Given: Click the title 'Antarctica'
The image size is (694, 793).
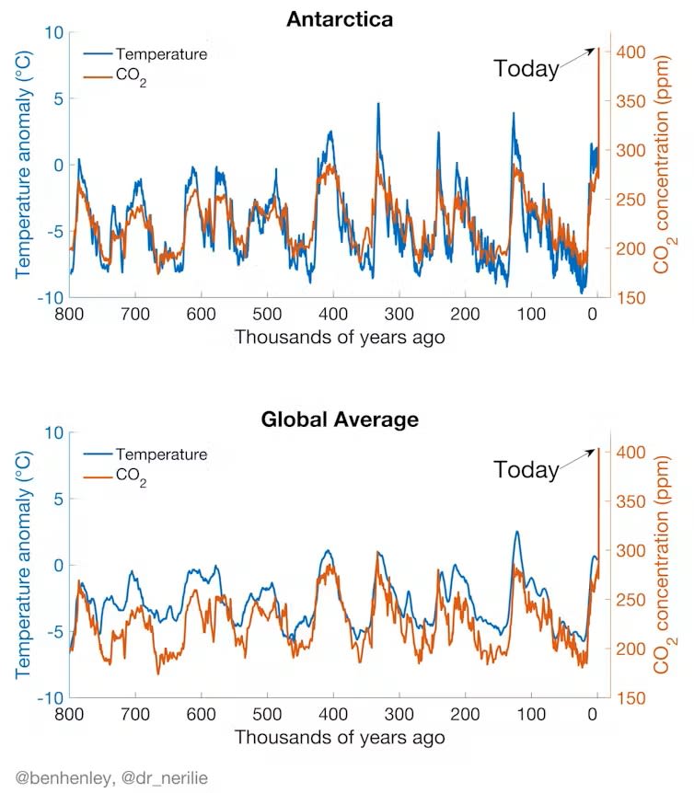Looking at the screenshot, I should point(340,19).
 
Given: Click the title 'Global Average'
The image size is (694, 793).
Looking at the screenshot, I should point(340,419).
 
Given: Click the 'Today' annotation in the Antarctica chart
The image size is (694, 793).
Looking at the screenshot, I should point(526,68).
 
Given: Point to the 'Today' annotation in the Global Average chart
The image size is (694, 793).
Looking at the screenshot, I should point(526,469).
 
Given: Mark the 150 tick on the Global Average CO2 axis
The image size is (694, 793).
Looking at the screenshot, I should point(632,698).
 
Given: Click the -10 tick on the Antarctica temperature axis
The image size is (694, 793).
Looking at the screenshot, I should point(48,298).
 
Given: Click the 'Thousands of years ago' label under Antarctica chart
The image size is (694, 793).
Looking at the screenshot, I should point(340,337).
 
